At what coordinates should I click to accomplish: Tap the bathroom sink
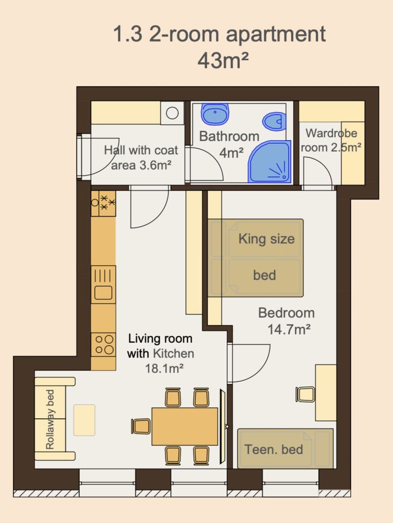click(x=215, y=115)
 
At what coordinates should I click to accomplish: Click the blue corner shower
click(x=268, y=162)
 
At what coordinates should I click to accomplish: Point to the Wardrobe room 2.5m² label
click(x=331, y=140)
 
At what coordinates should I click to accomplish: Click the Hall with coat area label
click(x=141, y=157)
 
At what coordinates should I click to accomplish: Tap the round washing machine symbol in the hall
click(x=172, y=113)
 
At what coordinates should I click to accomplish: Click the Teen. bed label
click(x=273, y=449)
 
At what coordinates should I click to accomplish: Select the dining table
click(x=185, y=426)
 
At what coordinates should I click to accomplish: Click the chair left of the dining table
click(x=141, y=426)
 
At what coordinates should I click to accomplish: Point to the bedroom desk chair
click(x=304, y=394)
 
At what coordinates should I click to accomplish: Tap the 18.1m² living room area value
click(x=164, y=368)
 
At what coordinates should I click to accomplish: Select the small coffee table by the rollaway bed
click(x=84, y=420)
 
